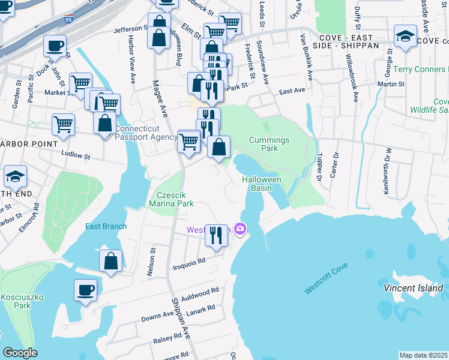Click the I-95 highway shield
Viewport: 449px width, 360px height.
tap(71, 22)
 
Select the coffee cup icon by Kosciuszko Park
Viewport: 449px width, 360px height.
tap(85, 290)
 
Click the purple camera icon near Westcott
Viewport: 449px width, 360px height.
tap(240, 229)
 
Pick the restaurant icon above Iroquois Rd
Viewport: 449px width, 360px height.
tap(215, 235)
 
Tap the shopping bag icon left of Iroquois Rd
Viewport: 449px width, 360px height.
tap(111, 261)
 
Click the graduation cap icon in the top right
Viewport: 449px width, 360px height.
tap(406, 35)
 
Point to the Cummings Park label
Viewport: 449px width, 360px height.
tap(270, 144)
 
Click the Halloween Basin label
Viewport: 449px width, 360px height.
tap(262, 184)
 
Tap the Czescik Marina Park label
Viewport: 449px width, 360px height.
tap(175, 199)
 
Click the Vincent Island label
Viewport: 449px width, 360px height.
tap(413, 289)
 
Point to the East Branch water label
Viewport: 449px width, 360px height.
tap(106, 226)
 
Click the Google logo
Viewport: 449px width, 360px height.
tap(20, 352)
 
